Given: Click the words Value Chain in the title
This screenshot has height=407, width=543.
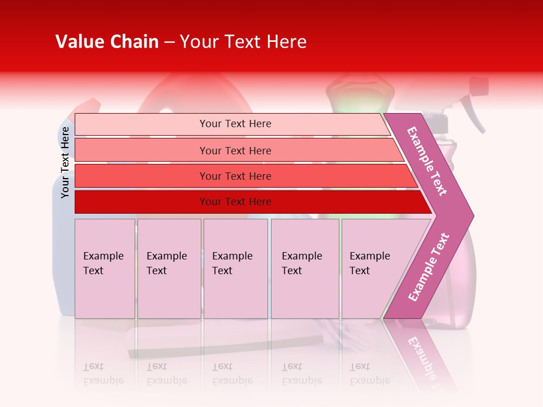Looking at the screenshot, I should pos(107,42).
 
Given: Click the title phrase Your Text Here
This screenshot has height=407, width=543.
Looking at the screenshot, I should pos(243,42).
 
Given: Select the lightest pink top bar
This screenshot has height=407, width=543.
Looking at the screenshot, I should pos(232,124).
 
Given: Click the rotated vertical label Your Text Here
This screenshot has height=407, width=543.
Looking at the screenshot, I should pos(65,162).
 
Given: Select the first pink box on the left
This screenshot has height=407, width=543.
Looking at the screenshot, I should pos(105,268).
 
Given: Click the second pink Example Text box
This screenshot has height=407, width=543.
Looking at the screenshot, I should pos(169,268).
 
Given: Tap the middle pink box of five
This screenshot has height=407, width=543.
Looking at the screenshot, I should pos(235,268).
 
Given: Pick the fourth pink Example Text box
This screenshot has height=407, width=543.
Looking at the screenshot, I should pos(305,268).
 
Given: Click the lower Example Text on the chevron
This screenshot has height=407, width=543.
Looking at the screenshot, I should pos(429,267).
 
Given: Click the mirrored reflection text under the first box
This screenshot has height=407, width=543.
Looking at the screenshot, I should pos(103,374).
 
